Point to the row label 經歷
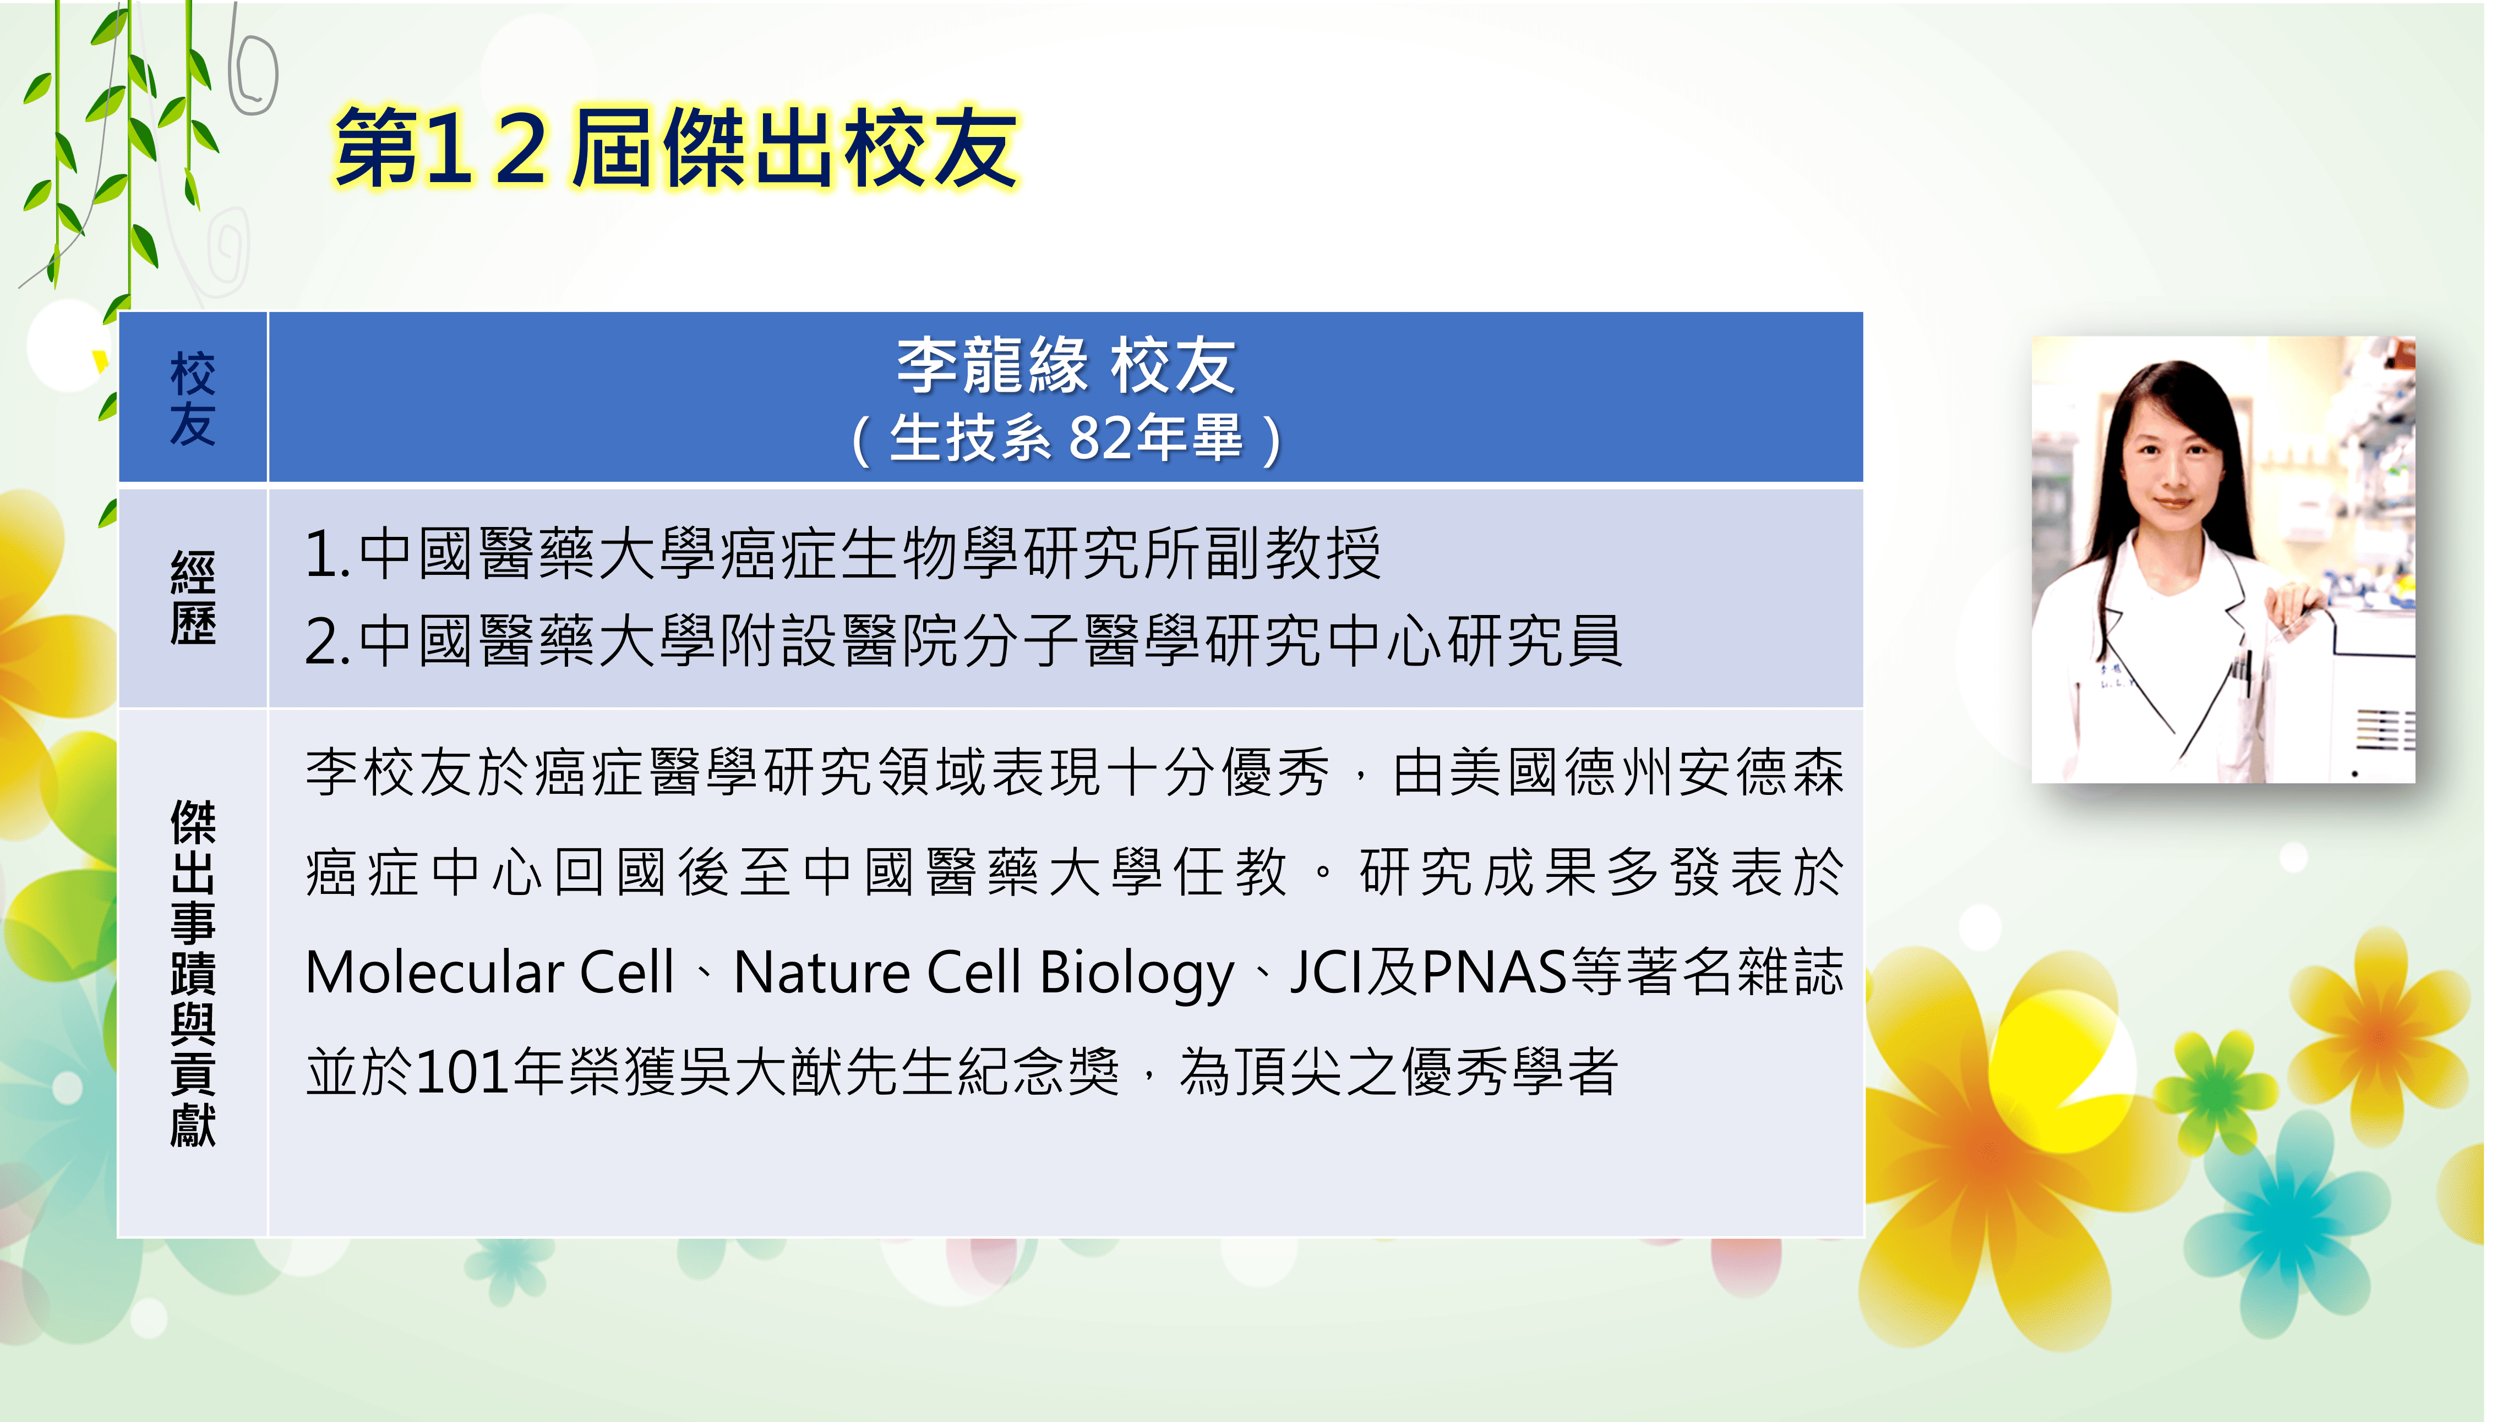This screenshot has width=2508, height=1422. [193, 598]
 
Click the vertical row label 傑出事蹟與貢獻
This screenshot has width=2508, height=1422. [193, 973]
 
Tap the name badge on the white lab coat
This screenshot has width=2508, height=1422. [2111, 676]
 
